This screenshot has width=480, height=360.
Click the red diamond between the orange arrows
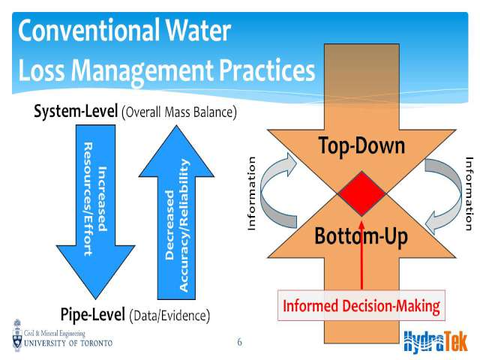coord(361,193)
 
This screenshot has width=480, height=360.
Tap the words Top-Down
coord(361,146)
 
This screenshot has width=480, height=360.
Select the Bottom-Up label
coord(361,236)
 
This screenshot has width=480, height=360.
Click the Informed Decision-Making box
coord(361,305)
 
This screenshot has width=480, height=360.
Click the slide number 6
coord(239,342)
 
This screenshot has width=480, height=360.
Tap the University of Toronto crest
coord(17,335)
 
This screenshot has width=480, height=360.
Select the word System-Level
coord(76,111)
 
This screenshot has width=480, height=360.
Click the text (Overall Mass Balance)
coord(179,112)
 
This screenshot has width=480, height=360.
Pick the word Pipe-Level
coord(93,314)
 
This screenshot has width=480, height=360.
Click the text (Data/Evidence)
coord(169,316)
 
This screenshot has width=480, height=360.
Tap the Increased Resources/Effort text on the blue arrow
coord(95,199)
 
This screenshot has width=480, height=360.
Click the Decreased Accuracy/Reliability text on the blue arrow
coord(177,225)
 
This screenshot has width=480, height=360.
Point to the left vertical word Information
coord(251,193)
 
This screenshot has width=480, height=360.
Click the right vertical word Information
coord(469,193)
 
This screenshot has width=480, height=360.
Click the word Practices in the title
coord(267,70)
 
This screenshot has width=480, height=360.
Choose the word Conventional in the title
coord(89,30)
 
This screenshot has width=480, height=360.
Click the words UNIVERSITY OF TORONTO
coord(68,343)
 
